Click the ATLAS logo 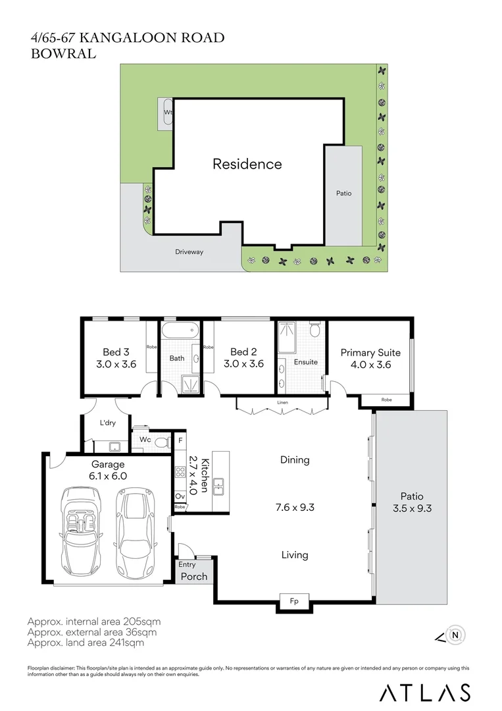(x=424, y=693)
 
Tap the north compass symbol (x=450, y=635)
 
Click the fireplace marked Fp (x=294, y=601)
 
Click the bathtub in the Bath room (x=180, y=330)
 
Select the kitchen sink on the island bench (x=218, y=487)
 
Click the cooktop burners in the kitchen (x=180, y=472)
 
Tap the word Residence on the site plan (x=247, y=164)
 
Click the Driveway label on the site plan (x=189, y=251)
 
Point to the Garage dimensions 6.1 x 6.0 (x=108, y=476)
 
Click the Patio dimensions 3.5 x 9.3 (x=413, y=508)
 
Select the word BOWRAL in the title (x=63, y=53)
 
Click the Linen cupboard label (x=282, y=402)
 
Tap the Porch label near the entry (x=194, y=576)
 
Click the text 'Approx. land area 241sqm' (x=86, y=643)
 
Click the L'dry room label (x=108, y=423)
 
